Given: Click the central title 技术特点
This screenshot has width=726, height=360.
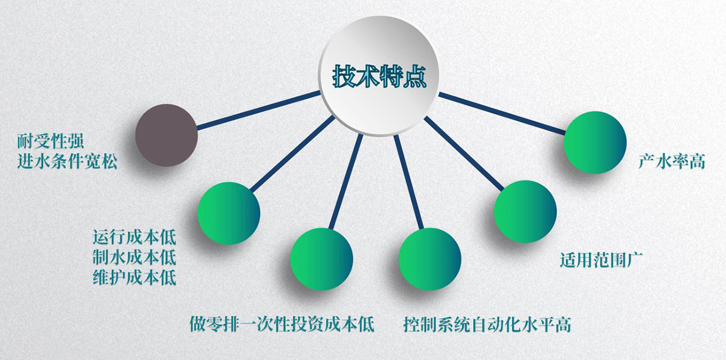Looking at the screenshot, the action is (x=379, y=76).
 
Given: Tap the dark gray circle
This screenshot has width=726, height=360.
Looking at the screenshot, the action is (x=166, y=135).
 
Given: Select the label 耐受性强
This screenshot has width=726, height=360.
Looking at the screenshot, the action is (x=51, y=141).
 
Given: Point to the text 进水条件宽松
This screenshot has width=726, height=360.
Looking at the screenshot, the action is (x=67, y=161).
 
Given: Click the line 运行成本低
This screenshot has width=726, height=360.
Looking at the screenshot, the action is (x=134, y=237).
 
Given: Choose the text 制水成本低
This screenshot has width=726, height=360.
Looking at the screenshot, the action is (x=134, y=257).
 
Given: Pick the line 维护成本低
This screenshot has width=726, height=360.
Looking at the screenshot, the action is (x=134, y=277).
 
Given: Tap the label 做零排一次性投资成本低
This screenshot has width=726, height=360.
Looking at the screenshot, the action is (x=282, y=324).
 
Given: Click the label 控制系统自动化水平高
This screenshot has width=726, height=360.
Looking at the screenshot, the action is (x=487, y=324).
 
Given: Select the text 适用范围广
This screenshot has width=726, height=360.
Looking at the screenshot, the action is (x=601, y=260).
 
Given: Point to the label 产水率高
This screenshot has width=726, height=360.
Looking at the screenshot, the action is (x=672, y=161).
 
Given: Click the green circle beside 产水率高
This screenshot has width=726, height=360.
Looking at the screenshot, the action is (x=595, y=143).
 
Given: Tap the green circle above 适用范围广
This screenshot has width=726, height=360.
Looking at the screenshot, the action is (x=525, y=212).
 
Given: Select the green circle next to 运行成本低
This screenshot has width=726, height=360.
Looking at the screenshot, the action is (x=229, y=213).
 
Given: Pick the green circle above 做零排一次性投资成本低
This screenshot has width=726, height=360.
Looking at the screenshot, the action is (x=321, y=259).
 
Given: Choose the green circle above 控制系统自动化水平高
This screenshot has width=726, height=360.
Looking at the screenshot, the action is (x=430, y=259).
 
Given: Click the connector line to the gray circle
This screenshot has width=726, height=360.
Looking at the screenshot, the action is (x=259, y=110).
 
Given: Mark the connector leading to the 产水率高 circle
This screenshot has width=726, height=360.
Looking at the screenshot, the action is (x=502, y=113).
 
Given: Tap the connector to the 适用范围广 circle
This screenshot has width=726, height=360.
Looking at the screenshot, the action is (x=464, y=153).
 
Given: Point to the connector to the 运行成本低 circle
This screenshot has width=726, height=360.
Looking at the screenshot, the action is (x=293, y=154).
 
